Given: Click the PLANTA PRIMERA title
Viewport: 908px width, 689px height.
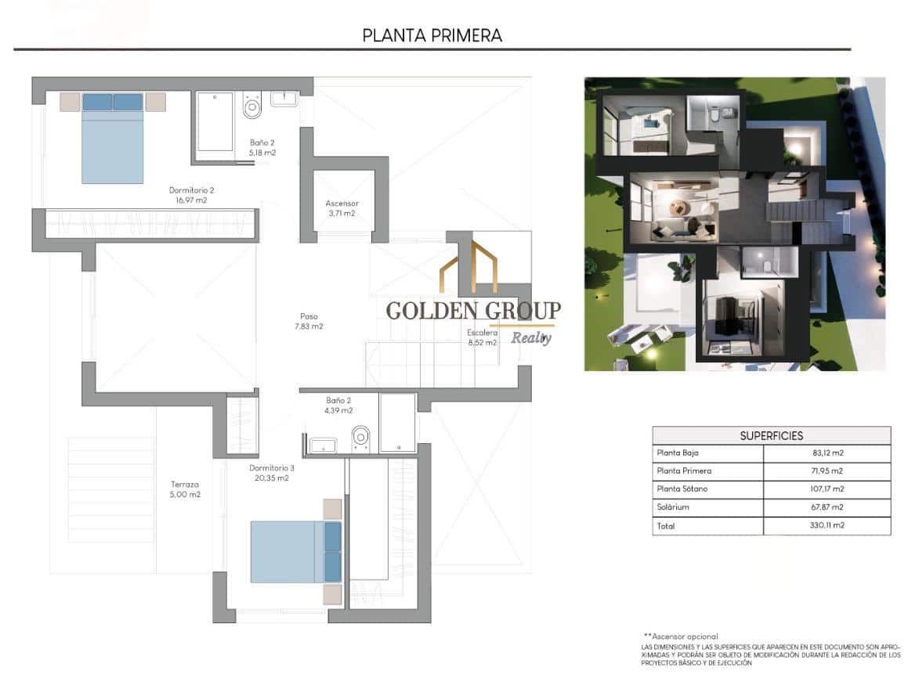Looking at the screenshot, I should pyautogui.click(x=432, y=35).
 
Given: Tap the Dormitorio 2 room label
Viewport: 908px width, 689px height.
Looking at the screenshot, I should pyautogui.click(x=192, y=195).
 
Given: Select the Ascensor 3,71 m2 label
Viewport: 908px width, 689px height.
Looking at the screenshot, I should pyautogui.click(x=342, y=208).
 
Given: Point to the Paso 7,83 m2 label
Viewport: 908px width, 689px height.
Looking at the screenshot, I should pyautogui.click(x=309, y=322).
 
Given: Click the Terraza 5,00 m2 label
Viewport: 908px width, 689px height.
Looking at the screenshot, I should pyautogui.click(x=185, y=489).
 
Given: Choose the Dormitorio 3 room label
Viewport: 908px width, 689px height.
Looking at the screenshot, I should pyautogui.click(x=272, y=473).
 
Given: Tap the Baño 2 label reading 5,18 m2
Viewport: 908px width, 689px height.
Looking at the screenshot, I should pyautogui.click(x=262, y=147).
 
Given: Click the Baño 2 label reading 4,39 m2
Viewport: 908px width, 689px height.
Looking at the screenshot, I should pyautogui.click(x=338, y=405).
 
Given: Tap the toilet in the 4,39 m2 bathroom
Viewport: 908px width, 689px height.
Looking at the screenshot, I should pyautogui.click(x=361, y=437).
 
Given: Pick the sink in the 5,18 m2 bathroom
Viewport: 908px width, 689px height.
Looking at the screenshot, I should pyautogui.click(x=284, y=99).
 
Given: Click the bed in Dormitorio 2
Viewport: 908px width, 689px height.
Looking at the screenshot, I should pyautogui.click(x=113, y=138).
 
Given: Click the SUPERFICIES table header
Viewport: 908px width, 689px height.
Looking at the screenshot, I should pyautogui.click(x=771, y=435).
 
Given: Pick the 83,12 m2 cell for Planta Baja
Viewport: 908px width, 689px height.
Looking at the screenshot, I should pyautogui.click(x=827, y=453).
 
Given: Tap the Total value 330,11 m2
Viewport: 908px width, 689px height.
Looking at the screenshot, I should pyautogui.click(x=827, y=526).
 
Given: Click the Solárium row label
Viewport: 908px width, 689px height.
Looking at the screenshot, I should pyautogui.click(x=673, y=507).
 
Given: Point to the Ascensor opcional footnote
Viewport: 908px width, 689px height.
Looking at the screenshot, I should pyautogui.click(x=680, y=637).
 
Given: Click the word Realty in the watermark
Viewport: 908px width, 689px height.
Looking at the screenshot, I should pyautogui.click(x=531, y=337).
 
